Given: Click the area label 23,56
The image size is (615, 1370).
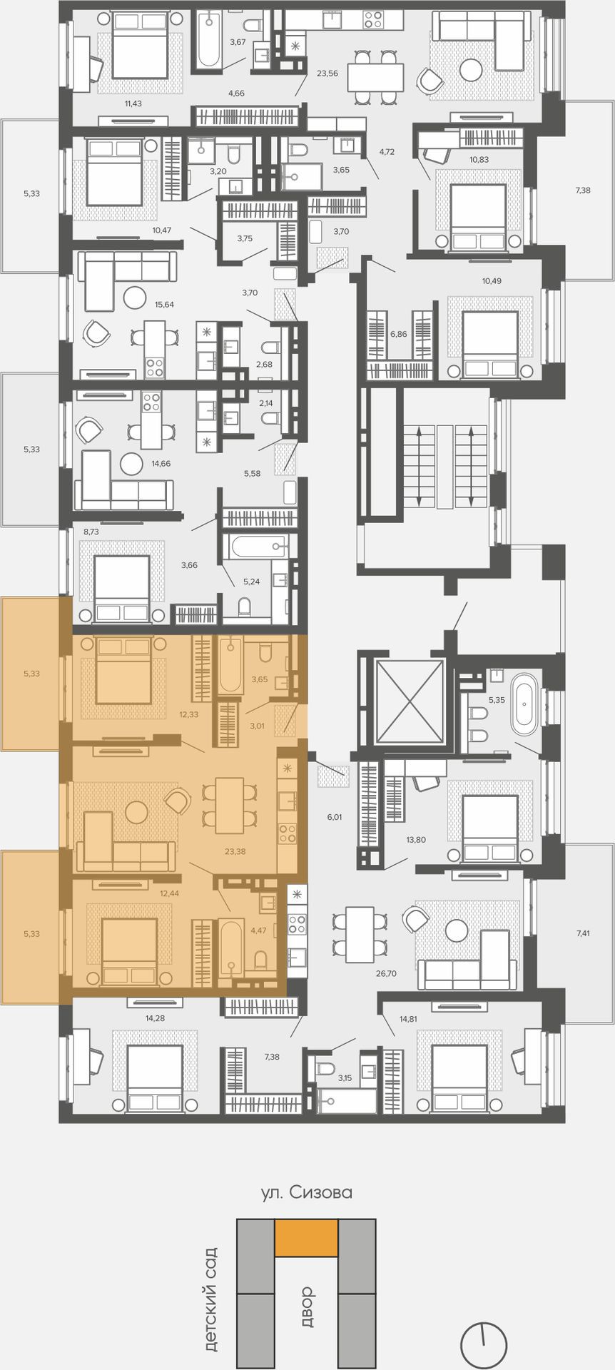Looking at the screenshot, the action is pyautogui.click(x=327, y=73).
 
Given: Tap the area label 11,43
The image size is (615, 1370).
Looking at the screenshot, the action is pyautogui.click(x=133, y=103).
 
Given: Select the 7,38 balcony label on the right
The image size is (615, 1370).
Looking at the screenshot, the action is pyautogui.click(x=583, y=190).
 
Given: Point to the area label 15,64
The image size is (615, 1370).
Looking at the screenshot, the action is pyautogui.click(x=164, y=304).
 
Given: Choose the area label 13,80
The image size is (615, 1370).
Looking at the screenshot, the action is pyautogui.click(x=416, y=840).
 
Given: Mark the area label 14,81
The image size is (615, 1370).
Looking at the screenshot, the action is pyautogui.click(x=408, y=1018).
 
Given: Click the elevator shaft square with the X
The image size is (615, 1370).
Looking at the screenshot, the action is pyautogui.click(x=410, y=701).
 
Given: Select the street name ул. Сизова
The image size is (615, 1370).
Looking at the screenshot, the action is pyautogui.click(x=307, y=1192).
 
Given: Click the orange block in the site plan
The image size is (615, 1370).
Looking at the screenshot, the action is pyautogui.click(x=307, y=1237).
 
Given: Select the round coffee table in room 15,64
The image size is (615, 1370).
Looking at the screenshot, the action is pyautogui.click(x=135, y=297).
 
